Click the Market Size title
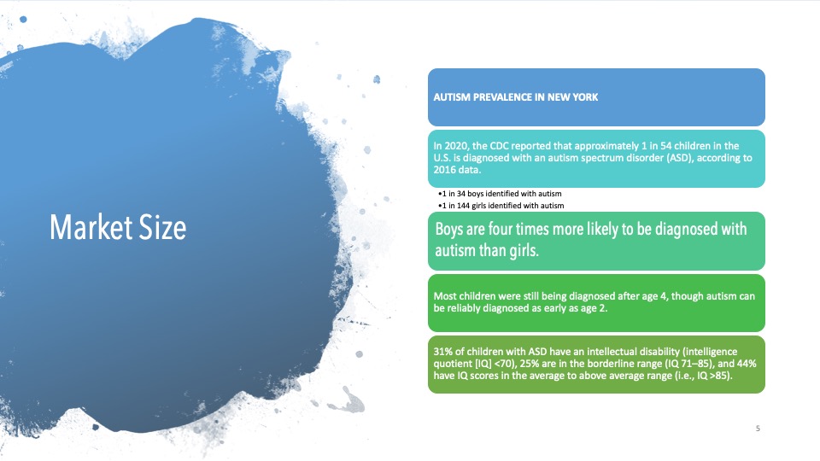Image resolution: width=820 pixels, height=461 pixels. point(118,227)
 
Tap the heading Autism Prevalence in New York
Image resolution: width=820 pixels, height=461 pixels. point(516,97)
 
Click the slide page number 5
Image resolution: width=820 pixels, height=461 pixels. point(758,429)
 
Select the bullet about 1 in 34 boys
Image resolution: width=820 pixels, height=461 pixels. point(500,194)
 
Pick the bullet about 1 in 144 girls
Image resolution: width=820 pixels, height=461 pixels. point(501,206)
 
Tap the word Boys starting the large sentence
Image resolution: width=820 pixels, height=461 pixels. point(448,230)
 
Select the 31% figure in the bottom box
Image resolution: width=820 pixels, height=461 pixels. point(442,352)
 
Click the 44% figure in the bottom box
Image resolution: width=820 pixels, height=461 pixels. point(747,364)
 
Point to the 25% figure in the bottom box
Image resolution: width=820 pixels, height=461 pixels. point(530,364)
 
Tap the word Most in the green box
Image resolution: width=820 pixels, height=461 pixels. point(445,296)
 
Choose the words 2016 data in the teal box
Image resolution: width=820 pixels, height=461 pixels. point(456,170)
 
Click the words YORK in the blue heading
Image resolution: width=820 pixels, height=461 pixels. point(585,97)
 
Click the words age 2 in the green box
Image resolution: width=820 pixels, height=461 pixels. point(594,308)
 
